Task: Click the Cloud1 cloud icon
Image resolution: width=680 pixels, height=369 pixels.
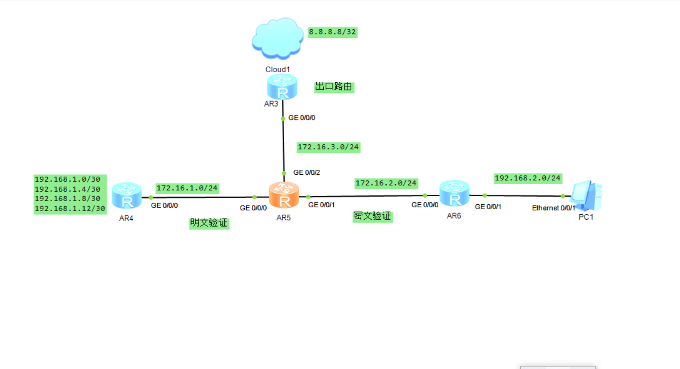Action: click(x=277, y=38)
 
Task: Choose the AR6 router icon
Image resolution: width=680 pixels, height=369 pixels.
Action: click(x=454, y=194)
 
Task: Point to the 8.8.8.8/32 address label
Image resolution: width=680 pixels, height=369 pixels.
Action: click(x=333, y=32)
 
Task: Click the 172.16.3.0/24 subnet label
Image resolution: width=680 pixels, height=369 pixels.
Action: click(x=328, y=147)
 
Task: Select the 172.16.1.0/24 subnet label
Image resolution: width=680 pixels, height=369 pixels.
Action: click(x=187, y=188)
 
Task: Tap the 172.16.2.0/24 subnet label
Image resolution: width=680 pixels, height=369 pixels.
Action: click(x=386, y=183)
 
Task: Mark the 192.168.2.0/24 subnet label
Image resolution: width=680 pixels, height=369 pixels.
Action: click(x=528, y=178)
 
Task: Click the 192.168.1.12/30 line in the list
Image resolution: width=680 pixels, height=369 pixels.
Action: click(x=70, y=209)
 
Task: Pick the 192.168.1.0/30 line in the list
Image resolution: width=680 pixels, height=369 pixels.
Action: click(x=67, y=179)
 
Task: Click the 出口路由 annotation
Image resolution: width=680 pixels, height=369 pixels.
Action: click(x=334, y=87)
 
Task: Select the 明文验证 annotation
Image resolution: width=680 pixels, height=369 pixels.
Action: click(x=209, y=223)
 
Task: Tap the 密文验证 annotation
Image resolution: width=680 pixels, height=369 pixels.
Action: click(x=373, y=217)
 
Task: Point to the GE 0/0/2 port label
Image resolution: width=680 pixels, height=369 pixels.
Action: click(x=306, y=173)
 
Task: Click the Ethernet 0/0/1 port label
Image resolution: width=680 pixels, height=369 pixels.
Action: click(x=553, y=208)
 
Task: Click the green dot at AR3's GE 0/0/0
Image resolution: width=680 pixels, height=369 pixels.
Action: click(x=283, y=119)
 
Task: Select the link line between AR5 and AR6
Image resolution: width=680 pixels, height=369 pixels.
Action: click(x=366, y=196)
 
